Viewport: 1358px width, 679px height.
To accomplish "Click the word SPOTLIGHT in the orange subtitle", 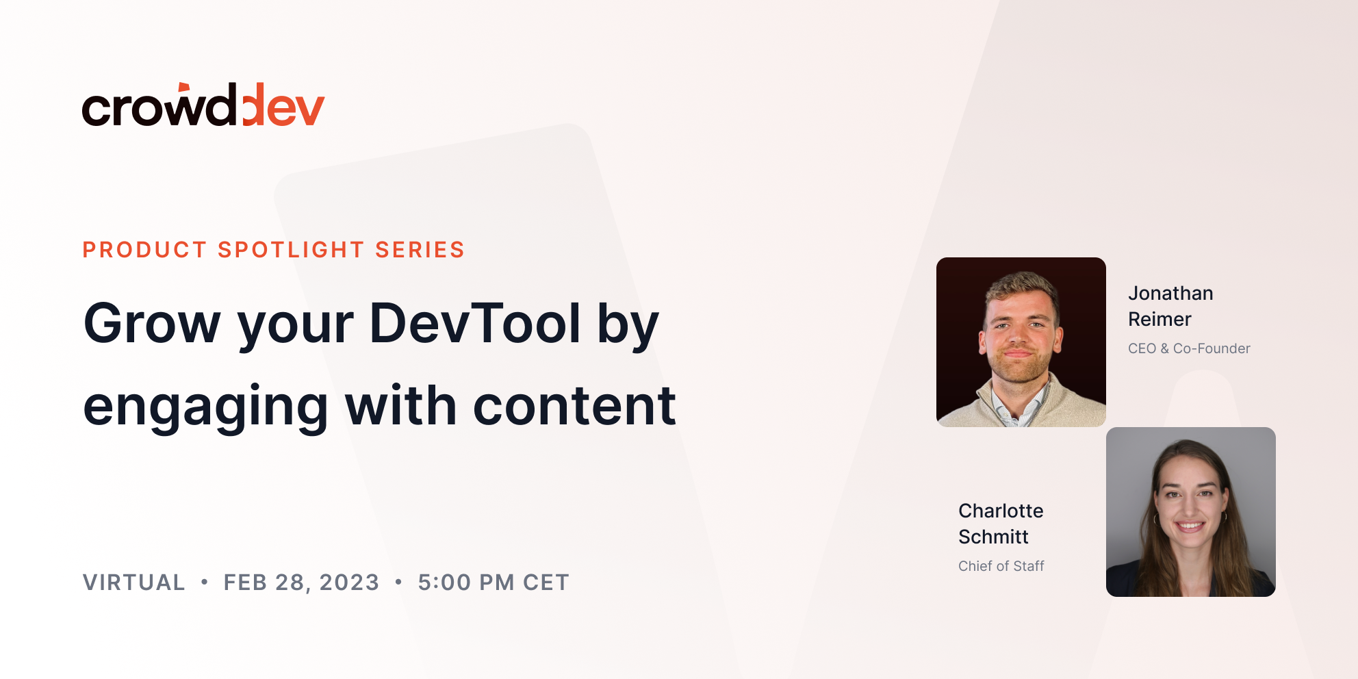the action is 291,250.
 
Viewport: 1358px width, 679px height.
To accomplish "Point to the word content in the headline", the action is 575,406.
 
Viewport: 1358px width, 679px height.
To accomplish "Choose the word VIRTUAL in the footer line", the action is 134,582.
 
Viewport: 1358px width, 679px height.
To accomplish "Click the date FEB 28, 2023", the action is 301,582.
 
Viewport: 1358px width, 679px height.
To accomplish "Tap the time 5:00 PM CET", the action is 494,582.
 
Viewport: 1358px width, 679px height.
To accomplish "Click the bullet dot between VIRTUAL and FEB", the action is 204,582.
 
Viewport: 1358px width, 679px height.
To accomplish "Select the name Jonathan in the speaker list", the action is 1170,293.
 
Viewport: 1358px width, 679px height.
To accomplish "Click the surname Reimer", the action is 1160,319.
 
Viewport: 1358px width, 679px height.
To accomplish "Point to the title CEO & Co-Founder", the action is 1189,348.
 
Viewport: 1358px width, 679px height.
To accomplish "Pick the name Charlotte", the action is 1001,511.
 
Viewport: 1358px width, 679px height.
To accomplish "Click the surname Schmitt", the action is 993,537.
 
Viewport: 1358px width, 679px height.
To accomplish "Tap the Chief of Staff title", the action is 1001,566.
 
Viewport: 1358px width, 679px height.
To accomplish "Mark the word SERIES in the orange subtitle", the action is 420,250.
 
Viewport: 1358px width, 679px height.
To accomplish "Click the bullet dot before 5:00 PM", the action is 398,582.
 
